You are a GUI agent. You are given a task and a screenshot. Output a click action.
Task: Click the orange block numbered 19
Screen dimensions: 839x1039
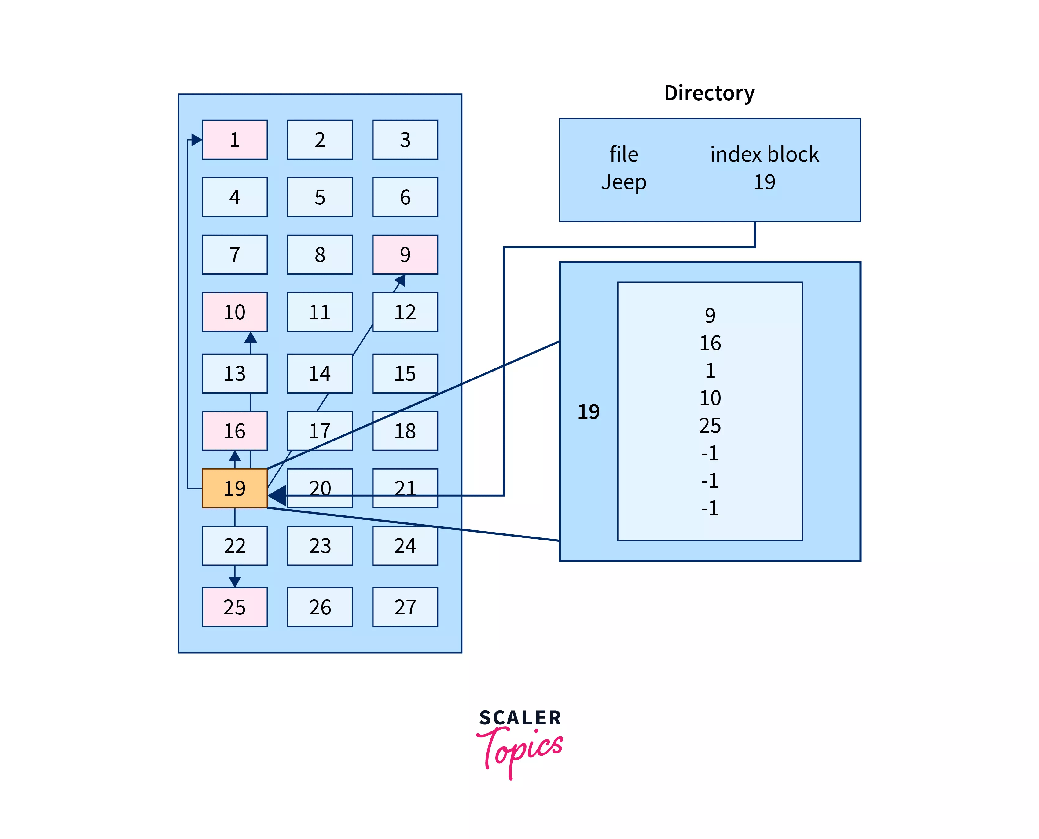click(x=234, y=488)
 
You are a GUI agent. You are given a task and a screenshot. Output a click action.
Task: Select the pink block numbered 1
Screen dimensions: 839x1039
click(x=234, y=140)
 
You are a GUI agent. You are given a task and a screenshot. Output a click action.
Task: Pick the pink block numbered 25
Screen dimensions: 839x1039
click(x=234, y=607)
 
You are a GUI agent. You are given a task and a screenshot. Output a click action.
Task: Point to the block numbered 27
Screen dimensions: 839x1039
click(x=405, y=607)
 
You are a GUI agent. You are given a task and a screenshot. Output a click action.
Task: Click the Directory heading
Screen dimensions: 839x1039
click(x=709, y=93)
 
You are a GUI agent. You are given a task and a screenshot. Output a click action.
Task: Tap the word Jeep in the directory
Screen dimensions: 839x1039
click(x=623, y=182)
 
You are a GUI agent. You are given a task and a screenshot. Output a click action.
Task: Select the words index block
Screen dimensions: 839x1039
click(x=764, y=155)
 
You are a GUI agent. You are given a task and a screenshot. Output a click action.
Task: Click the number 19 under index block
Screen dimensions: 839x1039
click(x=764, y=182)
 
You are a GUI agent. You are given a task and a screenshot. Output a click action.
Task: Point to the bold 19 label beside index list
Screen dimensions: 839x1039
click(x=588, y=412)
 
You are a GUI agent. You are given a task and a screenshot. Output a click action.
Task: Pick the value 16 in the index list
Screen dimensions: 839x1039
click(x=709, y=343)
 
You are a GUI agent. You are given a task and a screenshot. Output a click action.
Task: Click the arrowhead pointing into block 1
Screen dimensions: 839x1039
click(x=196, y=140)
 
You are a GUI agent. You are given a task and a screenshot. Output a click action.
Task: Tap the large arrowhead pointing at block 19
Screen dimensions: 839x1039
click(x=277, y=495)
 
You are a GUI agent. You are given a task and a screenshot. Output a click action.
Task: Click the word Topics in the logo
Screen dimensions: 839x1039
click(x=522, y=749)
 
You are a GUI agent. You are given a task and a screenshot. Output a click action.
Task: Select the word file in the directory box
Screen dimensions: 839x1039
click(x=623, y=155)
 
